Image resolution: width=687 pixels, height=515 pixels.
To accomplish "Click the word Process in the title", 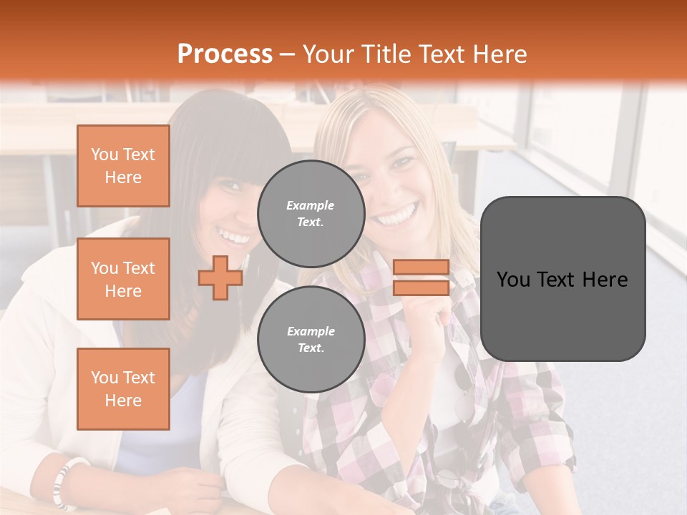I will pyautogui.click(x=225, y=54).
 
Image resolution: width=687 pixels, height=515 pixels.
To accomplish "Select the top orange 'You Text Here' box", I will pyautogui.click(x=123, y=166).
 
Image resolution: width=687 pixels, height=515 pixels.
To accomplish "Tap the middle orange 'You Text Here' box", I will pyautogui.click(x=123, y=279).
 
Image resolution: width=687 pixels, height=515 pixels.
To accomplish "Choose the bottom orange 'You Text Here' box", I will pyautogui.click(x=123, y=389).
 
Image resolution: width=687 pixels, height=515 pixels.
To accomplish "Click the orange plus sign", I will pyautogui.click(x=220, y=278).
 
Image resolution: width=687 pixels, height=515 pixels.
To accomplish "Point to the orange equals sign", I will pyautogui.click(x=421, y=278).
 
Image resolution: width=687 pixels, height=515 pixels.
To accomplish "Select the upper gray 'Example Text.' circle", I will pyautogui.click(x=311, y=214).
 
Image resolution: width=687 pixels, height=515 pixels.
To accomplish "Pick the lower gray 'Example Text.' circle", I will pyautogui.click(x=311, y=340).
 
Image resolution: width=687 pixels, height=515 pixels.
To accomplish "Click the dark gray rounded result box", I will pyautogui.click(x=562, y=279).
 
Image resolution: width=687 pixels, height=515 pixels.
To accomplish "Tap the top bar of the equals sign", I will pyautogui.click(x=421, y=268).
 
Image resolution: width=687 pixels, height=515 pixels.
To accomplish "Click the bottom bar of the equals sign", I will pyautogui.click(x=421, y=288).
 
